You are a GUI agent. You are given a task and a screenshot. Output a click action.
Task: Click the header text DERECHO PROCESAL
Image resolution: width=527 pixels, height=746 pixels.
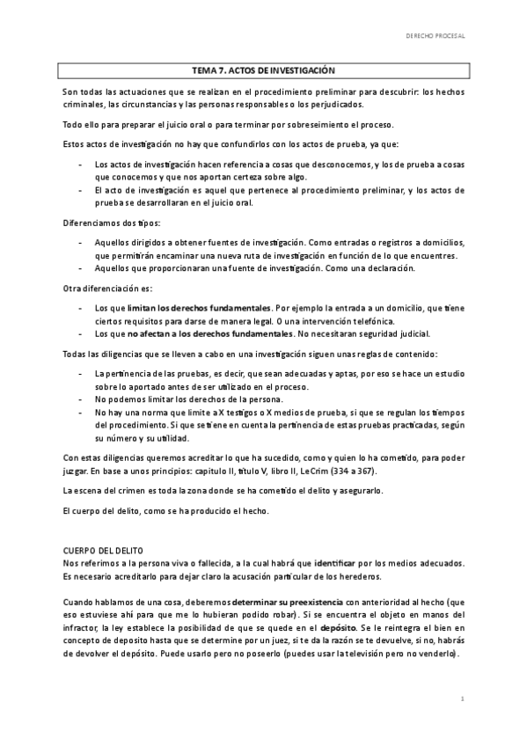[435, 37]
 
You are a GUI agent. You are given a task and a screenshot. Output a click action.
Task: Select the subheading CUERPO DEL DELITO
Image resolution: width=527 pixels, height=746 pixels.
[105, 549]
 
